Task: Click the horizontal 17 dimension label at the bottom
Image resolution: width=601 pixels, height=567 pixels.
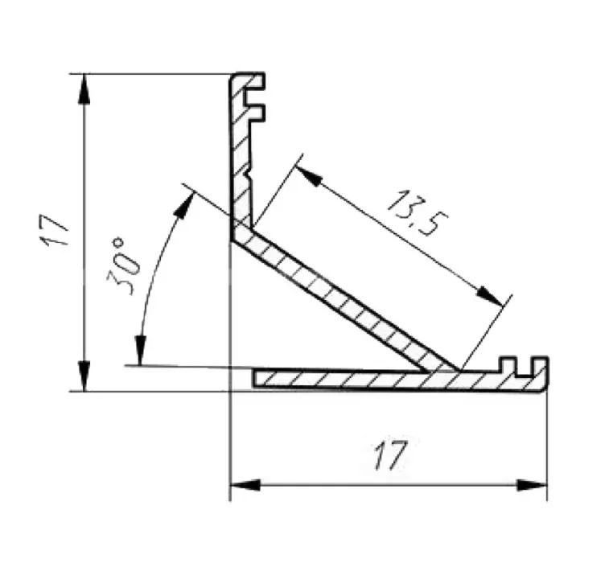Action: [390, 455]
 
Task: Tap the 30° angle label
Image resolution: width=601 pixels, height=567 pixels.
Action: [122, 265]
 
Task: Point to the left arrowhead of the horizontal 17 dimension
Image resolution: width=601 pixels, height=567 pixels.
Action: [245, 486]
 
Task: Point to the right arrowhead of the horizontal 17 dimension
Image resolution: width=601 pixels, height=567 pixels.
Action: [532, 486]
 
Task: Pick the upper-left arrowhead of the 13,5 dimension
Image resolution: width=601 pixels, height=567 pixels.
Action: [309, 175]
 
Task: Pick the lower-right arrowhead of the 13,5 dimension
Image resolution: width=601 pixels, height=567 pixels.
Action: [489, 295]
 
